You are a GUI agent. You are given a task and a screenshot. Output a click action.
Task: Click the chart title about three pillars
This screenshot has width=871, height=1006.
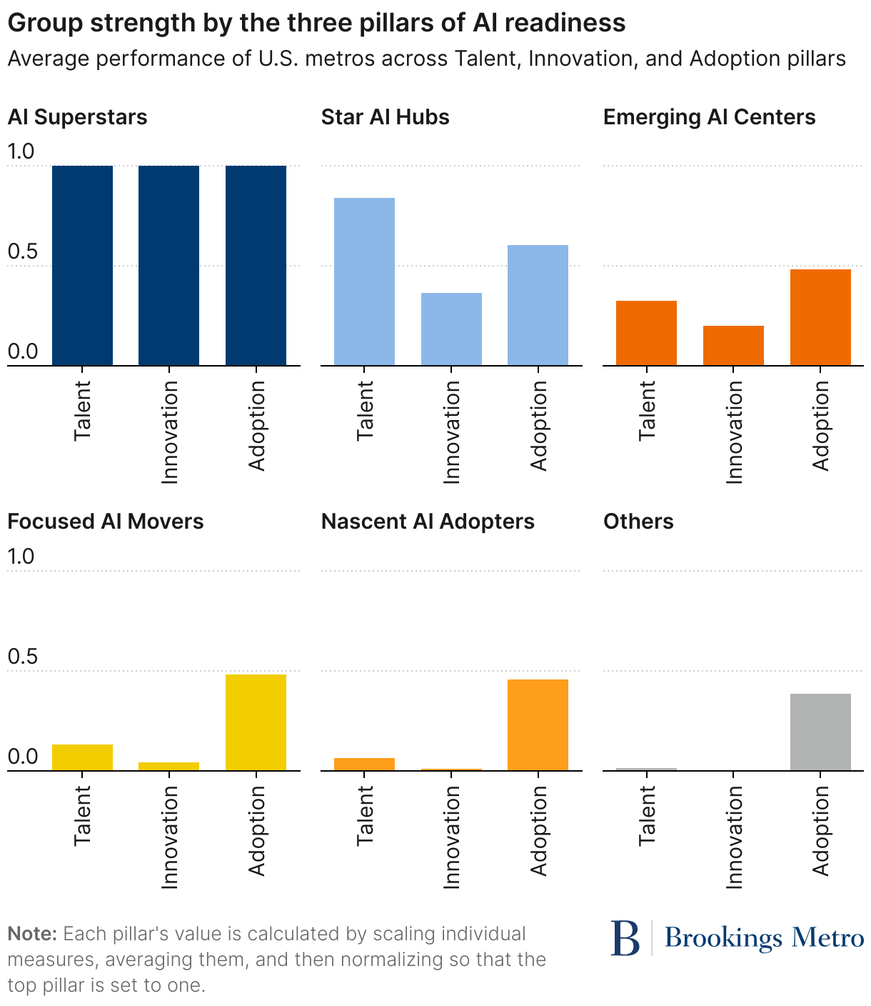click(316, 23)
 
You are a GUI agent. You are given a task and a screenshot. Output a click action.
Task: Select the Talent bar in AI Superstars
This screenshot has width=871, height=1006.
click(82, 266)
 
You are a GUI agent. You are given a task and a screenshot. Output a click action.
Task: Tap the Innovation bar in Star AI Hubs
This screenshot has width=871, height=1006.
click(451, 329)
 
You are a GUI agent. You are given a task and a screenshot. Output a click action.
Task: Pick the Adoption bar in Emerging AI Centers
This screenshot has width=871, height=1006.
click(820, 317)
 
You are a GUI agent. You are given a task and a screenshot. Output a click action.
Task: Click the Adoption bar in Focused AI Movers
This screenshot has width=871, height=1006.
click(256, 722)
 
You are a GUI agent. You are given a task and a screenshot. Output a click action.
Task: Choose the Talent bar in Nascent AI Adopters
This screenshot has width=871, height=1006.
click(364, 764)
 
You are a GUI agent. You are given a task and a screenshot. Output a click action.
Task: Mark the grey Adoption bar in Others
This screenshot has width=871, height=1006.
click(820, 732)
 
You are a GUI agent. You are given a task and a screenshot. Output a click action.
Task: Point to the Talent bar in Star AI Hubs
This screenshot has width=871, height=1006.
click(364, 282)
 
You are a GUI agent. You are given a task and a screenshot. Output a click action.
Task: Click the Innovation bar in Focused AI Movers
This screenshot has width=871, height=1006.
click(168, 767)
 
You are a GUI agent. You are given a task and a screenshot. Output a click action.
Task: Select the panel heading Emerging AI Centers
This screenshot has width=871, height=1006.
click(709, 117)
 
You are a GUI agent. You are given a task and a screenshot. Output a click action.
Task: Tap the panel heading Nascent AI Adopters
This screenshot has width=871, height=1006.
click(428, 522)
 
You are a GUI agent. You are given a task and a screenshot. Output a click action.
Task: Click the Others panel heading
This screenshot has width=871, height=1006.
click(638, 522)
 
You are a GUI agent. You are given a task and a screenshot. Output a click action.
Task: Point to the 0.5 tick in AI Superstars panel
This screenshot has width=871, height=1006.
click(21, 252)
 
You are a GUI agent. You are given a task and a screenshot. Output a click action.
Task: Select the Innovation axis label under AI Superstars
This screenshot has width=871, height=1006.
click(169, 432)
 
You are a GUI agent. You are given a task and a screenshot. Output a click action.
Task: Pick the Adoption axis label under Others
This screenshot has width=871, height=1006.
click(821, 830)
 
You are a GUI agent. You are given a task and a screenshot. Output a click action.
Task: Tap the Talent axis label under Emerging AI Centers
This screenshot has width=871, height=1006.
click(647, 410)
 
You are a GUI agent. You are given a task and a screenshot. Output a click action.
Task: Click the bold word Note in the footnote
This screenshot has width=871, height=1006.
click(31, 934)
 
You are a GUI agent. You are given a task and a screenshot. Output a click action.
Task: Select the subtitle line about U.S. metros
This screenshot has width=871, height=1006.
click(426, 59)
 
